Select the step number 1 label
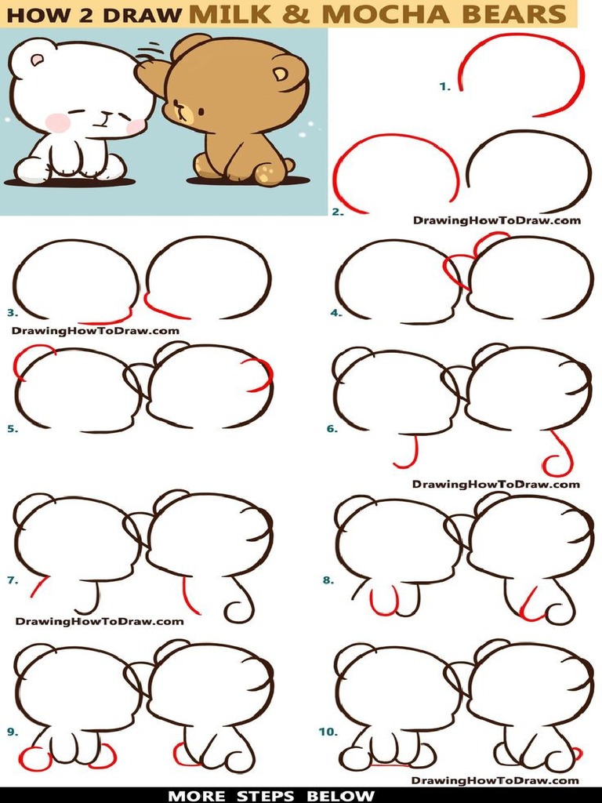pyautogui.click(x=444, y=87)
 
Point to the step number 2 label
pyautogui.click(x=338, y=212)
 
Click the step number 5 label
pyautogui.click(x=12, y=429)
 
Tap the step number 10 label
pyautogui.click(x=327, y=732)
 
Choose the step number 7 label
pyautogui.click(x=12, y=580)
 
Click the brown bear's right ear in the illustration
pyautogui.click(x=280, y=74)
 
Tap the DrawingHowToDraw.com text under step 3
pyautogui.click(x=96, y=330)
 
